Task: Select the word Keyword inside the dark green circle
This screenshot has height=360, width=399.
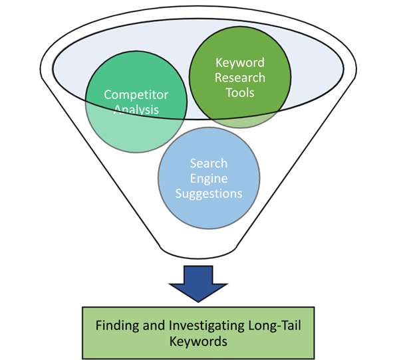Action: point(239,63)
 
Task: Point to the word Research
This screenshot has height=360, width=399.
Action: point(239,78)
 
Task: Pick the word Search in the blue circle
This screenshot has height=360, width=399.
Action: point(208,163)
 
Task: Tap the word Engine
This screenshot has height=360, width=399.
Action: point(208,178)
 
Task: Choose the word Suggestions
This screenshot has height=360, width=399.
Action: point(208,193)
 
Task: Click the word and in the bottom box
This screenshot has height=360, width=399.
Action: point(157,326)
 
